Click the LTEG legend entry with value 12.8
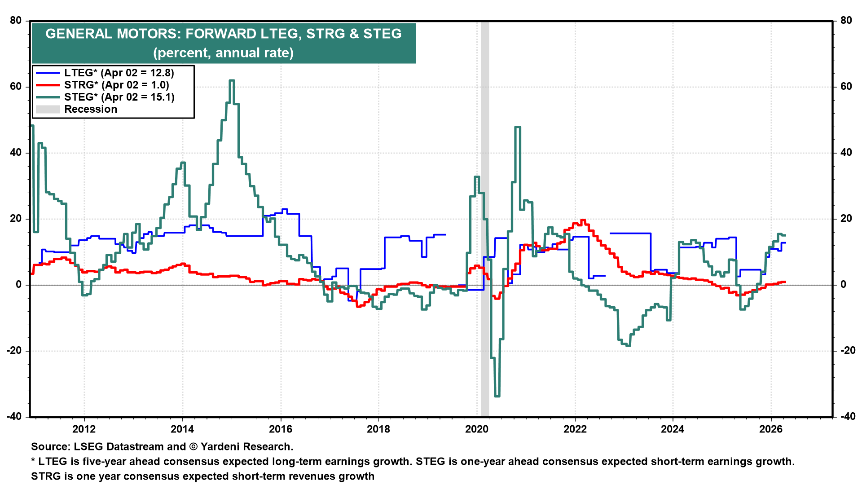[119, 73]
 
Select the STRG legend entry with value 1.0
[116, 85]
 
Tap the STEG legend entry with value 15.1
[119, 97]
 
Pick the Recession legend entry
[90, 109]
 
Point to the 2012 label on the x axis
[84, 429]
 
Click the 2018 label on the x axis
[378, 429]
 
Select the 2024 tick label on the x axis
[673, 429]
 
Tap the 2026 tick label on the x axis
[771, 429]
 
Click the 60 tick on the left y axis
[16, 86]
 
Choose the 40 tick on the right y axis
[846, 152]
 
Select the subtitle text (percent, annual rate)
[223, 53]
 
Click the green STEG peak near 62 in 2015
[232, 81]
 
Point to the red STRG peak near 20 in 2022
[583, 220]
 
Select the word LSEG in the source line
[88, 446]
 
